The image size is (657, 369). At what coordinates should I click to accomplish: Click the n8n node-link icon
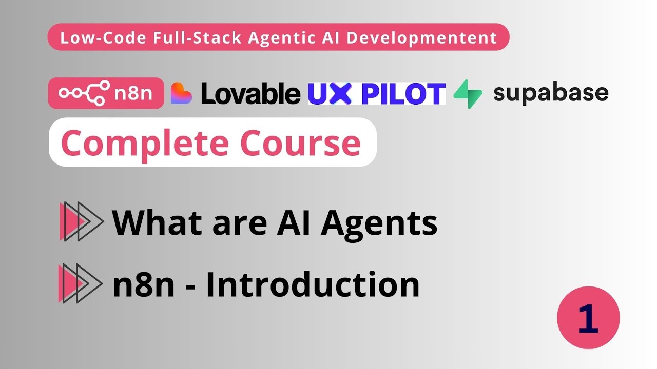coord(84,93)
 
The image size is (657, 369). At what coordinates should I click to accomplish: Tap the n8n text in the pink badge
coord(135,93)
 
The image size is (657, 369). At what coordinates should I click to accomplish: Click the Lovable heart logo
coord(181,93)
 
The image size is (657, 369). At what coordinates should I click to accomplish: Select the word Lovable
coord(250,93)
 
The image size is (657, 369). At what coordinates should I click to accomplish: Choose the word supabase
coord(551,93)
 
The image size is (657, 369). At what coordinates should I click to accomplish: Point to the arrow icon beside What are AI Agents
coord(81,221)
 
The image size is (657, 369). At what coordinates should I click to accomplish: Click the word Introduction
coord(313,284)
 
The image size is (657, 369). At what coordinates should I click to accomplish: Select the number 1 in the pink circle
coord(588,318)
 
